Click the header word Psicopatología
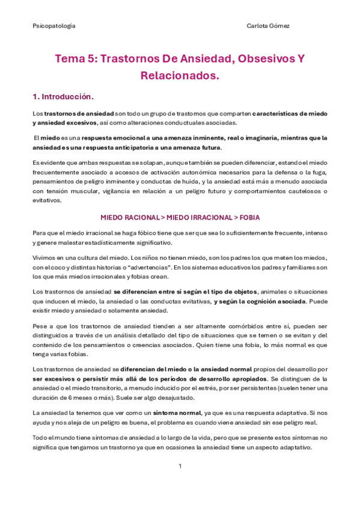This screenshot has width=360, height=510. (53, 26)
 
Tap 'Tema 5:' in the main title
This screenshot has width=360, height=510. (75, 59)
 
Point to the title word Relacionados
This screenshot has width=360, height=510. (179, 76)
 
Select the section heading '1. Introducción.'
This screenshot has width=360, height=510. (63, 96)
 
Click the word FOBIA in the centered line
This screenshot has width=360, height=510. (249, 217)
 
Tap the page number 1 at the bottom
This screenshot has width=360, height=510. (180, 466)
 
